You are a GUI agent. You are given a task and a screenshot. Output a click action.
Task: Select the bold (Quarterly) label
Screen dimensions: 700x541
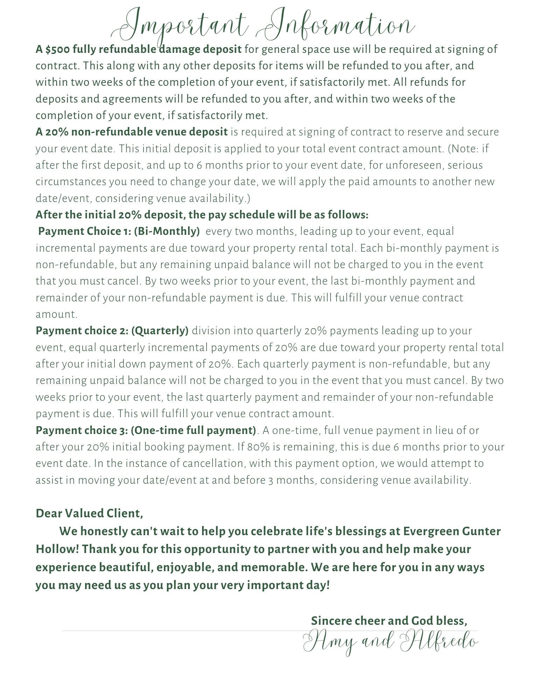point(160,331)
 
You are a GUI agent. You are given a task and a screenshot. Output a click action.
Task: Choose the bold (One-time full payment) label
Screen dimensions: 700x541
point(193,430)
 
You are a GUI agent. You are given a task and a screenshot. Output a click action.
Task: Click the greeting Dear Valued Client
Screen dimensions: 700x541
point(89,513)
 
